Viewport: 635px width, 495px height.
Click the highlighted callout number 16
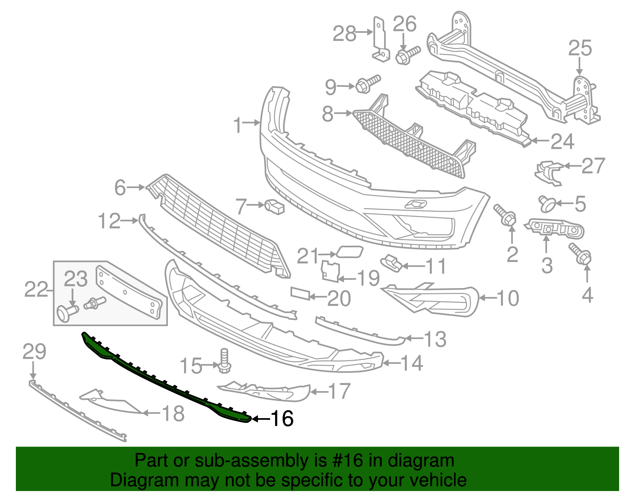coord(282,419)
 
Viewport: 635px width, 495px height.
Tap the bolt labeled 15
coord(225,360)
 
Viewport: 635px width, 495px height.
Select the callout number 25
coord(580,48)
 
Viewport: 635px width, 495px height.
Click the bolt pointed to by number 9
coord(368,84)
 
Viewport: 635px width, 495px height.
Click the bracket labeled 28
coord(380,40)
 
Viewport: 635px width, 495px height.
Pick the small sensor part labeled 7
coord(275,206)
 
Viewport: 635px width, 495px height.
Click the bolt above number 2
coord(505,214)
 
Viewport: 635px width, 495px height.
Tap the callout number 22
coord(36,289)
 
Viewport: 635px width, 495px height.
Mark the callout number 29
coord(35,352)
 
